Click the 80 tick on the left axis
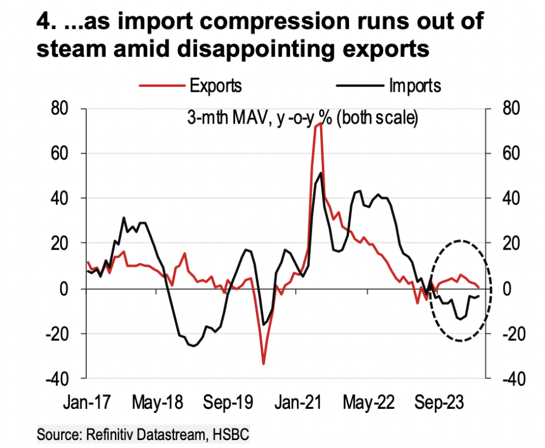68,108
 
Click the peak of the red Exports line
319,124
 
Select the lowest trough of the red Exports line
263,364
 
